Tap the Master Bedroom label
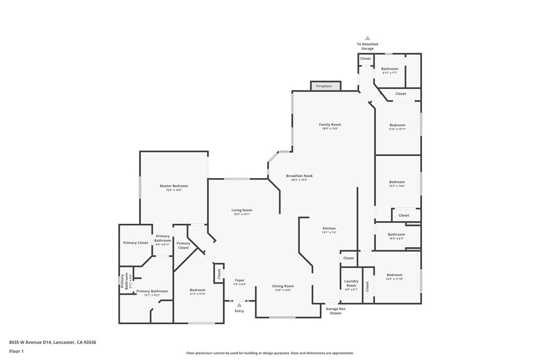pyautogui.click(x=174, y=186)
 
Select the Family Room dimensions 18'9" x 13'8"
pyautogui.click(x=330, y=129)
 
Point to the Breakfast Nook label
pyautogui.click(x=299, y=176)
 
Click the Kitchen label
pyautogui.click(x=329, y=228)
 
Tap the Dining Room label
pyautogui.click(x=283, y=286)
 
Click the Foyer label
pyautogui.click(x=240, y=280)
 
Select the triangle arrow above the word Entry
pyautogui.click(x=239, y=305)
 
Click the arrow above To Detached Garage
pyautogui.click(x=367, y=38)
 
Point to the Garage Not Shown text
pyautogui.click(x=336, y=311)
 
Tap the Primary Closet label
pyautogui.click(x=136, y=243)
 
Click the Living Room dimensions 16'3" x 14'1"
pyautogui.click(x=242, y=214)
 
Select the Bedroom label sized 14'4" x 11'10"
pyautogui.click(x=394, y=275)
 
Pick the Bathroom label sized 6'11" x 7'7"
pyautogui.click(x=390, y=69)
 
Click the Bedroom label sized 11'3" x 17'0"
pyautogui.click(x=197, y=290)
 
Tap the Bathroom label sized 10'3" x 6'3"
pyautogui.click(x=396, y=234)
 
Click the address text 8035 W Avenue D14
pyautogui.click(x=30, y=342)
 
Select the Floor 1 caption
pyautogui.click(x=16, y=351)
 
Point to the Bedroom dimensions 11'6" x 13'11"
pyautogui.click(x=397, y=129)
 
